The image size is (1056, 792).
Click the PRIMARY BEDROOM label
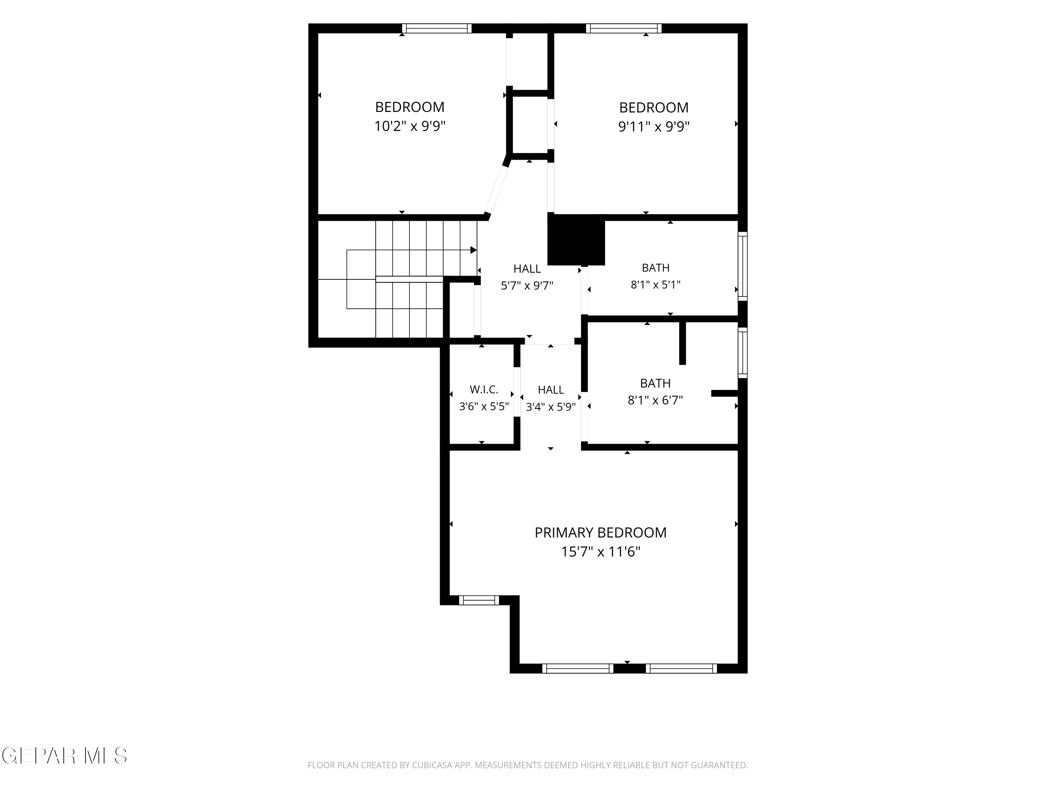click(x=600, y=532)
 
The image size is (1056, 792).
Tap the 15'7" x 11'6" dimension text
click(x=600, y=552)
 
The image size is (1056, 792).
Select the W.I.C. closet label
click(x=484, y=390)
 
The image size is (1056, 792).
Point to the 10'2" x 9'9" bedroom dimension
click(x=410, y=126)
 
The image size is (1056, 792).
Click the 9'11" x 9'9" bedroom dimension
click(x=654, y=126)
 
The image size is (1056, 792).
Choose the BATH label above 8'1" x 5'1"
click(x=655, y=268)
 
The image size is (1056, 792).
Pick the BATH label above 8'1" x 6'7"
click(x=655, y=383)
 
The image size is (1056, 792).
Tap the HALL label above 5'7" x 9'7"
click(x=527, y=269)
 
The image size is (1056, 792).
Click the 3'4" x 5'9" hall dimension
click(x=551, y=407)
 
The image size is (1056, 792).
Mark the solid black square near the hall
click(x=576, y=240)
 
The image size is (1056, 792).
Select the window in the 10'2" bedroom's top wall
click(x=436, y=28)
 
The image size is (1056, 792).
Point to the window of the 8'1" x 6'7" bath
click(x=743, y=353)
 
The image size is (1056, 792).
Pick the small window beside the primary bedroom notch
click(x=479, y=600)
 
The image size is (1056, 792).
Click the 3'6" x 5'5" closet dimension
click(x=484, y=407)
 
